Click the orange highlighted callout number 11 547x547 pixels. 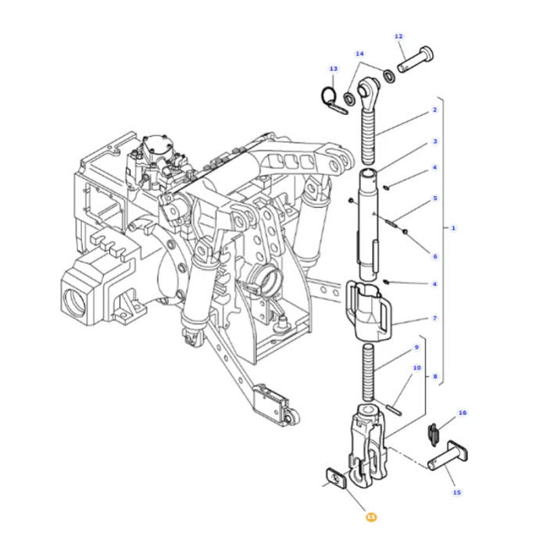click(x=371, y=517)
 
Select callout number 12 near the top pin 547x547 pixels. click(x=399, y=36)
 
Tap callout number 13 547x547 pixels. click(x=334, y=69)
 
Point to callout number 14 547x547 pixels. click(x=359, y=54)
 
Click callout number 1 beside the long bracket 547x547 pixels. click(x=453, y=228)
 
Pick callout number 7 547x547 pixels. click(x=434, y=318)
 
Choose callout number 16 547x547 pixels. click(x=463, y=413)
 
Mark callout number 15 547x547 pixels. click(x=457, y=492)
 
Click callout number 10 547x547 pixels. click(x=417, y=368)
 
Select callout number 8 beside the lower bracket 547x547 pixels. click(x=435, y=377)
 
